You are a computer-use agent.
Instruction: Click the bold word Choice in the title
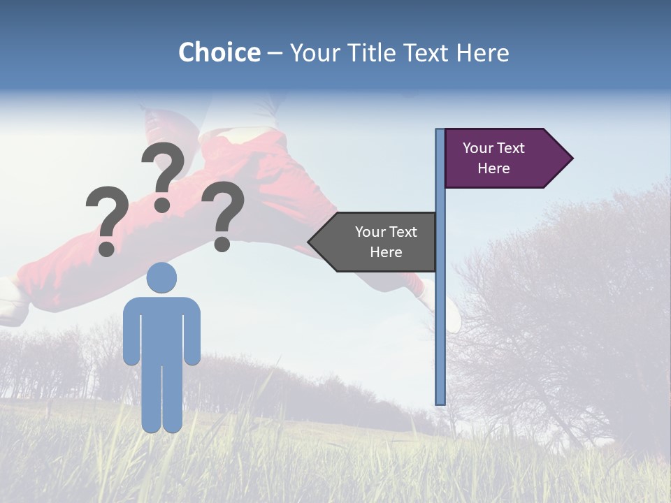(x=219, y=52)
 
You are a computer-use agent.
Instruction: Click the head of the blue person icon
(x=161, y=277)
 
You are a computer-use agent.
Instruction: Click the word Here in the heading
(x=482, y=52)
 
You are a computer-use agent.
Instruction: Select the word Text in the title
(x=426, y=52)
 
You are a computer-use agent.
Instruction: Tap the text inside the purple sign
(x=493, y=158)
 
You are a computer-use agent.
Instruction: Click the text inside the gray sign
(x=386, y=242)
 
